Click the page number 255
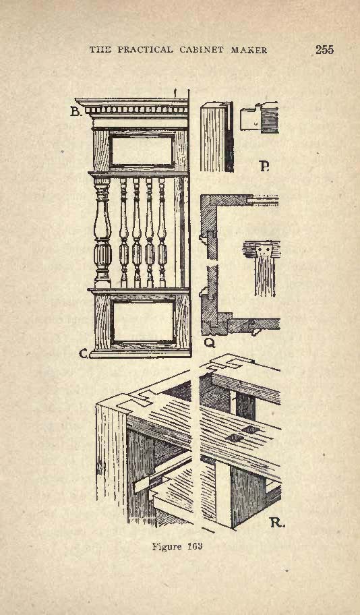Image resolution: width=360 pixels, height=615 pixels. (x=324, y=49)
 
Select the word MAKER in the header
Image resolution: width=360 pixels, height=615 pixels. (x=249, y=50)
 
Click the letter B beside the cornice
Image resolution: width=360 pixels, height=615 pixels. (x=76, y=112)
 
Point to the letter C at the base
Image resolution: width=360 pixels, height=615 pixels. (x=84, y=353)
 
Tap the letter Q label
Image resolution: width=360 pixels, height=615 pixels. (x=210, y=343)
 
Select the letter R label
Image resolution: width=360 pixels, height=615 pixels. (x=276, y=522)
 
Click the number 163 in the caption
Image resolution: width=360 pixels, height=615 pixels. (x=194, y=546)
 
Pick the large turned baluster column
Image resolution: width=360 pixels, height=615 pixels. (x=102, y=233)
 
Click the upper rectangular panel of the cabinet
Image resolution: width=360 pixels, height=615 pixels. (x=142, y=150)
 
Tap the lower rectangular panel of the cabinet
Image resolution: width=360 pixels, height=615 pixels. (x=143, y=321)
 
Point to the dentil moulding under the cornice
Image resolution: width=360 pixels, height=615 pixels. (x=136, y=110)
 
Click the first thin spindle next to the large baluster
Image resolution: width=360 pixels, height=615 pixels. (x=123, y=233)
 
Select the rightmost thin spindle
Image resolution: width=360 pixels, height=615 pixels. (x=162, y=233)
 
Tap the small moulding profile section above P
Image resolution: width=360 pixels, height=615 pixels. (x=260, y=117)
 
